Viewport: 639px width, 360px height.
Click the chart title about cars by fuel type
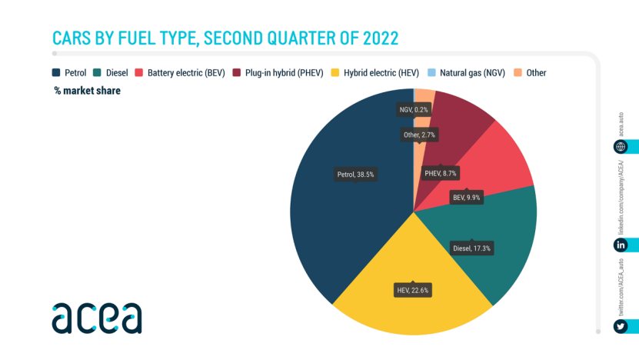(x=225, y=38)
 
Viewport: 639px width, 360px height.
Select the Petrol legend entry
(x=69, y=73)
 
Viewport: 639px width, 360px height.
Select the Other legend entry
(x=530, y=73)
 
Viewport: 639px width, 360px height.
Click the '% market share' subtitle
(x=87, y=90)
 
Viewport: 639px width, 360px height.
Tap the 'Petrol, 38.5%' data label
(x=355, y=175)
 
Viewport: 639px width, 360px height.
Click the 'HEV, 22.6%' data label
(x=412, y=290)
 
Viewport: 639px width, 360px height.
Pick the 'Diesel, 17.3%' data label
(x=471, y=248)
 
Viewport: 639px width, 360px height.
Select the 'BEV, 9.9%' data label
(x=466, y=198)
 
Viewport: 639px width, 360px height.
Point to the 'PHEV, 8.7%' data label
(x=441, y=174)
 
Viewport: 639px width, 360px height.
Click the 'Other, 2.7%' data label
(x=420, y=135)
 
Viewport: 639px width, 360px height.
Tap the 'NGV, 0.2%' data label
(x=413, y=110)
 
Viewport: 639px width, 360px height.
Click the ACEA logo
(x=97, y=317)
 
